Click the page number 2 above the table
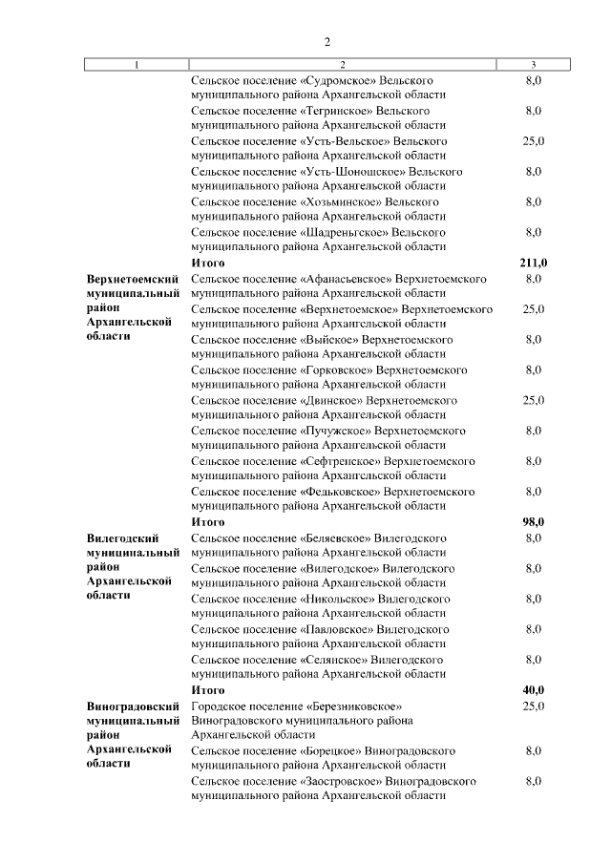click(x=327, y=42)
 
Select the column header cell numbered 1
click(x=136, y=65)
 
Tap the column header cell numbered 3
click(x=533, y=65)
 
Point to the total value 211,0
click(x=533, y=263)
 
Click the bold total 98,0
click(x=533, y=522)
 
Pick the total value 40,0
click(x=533, y=690)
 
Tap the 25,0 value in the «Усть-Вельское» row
click(x=533, y=141)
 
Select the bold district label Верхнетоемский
click(x=133, y=278)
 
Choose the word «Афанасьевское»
click(x=348, y=278)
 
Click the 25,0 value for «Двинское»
click(x=533, y=400)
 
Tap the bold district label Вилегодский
click(x=122, y=538)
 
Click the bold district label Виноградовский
click(x=133, y=706)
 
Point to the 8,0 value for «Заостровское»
click(x=533, y=781)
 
